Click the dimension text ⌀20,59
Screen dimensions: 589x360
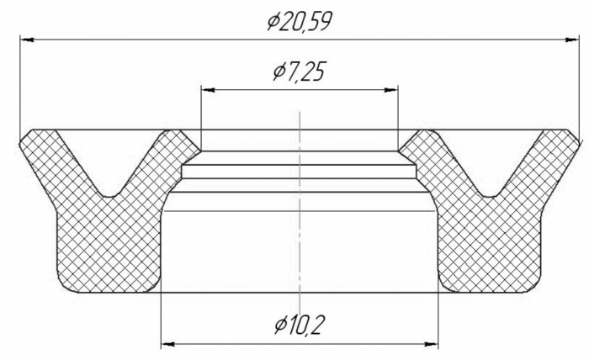point(300,21)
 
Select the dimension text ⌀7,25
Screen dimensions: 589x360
point(299,71)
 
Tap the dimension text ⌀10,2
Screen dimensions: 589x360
point(299,325)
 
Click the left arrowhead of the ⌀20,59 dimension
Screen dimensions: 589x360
point(27,39)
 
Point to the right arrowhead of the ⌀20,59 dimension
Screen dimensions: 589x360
point(572,39)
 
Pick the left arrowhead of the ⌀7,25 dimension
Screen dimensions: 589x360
point(208,90)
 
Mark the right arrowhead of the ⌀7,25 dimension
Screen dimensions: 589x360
point(390,90)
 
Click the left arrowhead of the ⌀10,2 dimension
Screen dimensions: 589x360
point(168,344)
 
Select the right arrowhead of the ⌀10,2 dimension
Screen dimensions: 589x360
point(431,344)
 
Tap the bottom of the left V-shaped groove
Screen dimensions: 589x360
point(109,196)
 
